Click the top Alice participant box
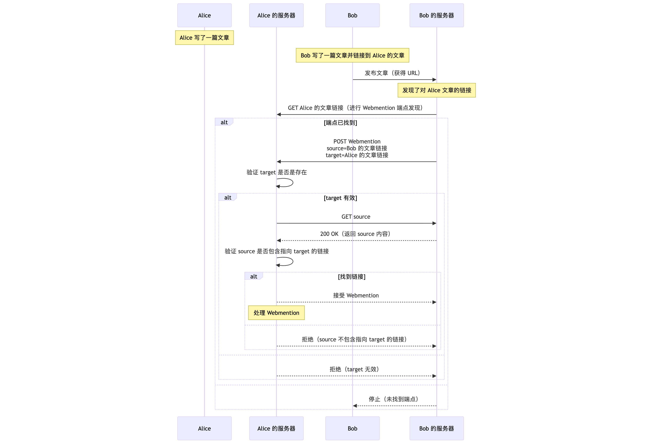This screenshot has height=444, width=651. [204, 15]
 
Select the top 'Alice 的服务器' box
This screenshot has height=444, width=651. [276, 15]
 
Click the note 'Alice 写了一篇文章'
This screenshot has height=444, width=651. [204, 38]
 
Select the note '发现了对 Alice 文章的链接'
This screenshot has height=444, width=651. [436, 90]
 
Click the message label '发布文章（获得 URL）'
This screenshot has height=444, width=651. [392, 73]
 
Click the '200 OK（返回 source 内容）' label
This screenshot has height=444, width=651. [355, 234]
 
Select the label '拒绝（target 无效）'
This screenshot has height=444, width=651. [354, 369]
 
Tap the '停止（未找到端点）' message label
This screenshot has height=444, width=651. [393, 399]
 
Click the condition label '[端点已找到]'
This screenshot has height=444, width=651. [340, 123]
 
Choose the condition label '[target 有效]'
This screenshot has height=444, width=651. [340, 198]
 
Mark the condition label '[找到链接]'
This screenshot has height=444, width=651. [351, 277]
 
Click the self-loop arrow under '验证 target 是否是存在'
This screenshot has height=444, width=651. [289, 183]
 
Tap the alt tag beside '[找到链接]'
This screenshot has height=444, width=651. [253, 276]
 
